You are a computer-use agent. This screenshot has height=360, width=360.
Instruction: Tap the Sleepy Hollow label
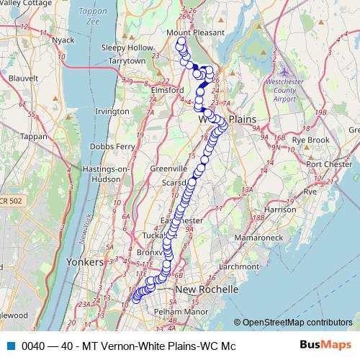(128, 48)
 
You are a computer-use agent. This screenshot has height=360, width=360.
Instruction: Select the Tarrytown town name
(127, 61)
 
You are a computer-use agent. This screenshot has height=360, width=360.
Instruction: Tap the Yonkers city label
(86, 261)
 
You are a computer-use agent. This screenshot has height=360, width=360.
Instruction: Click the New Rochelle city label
(207, 289)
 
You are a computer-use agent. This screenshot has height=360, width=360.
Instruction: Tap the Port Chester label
(328, 163)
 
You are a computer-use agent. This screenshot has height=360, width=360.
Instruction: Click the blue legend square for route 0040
(10, 346)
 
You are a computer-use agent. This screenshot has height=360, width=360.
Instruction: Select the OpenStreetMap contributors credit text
(297, 323)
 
